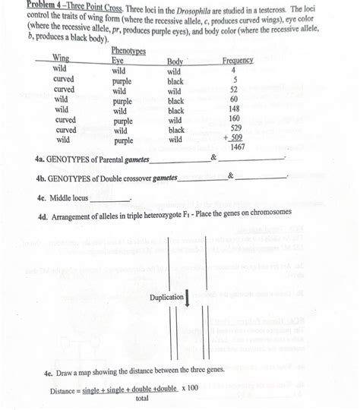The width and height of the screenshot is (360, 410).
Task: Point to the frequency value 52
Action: (235, 90)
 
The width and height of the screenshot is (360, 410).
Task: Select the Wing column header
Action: (59, 58)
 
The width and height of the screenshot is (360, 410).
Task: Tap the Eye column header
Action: (118, 59)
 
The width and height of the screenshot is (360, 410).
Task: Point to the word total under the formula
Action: (141, 398)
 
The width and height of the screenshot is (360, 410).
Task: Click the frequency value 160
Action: (235, 119)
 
